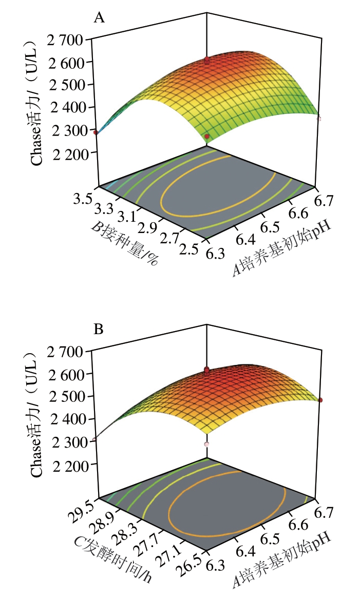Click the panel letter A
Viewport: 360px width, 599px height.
(99, 19)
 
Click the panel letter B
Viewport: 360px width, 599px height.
(99, 330)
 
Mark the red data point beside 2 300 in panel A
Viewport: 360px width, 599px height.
(96, 132)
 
